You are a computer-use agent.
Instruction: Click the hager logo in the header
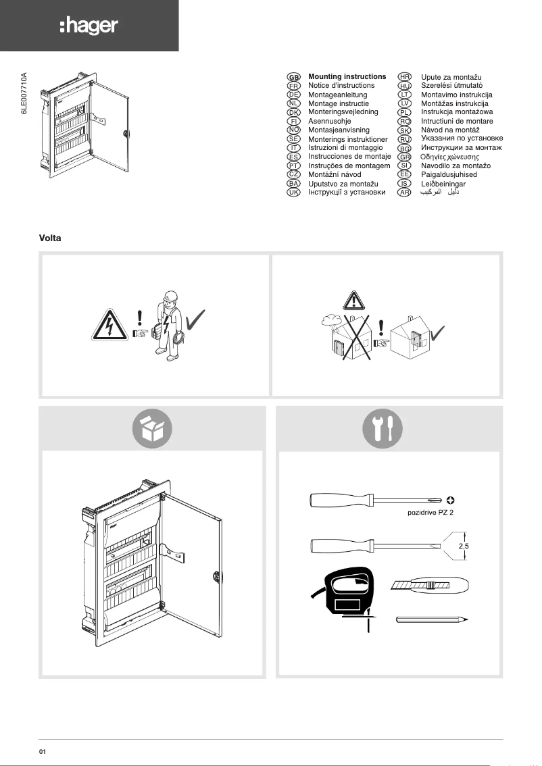pos(89,26)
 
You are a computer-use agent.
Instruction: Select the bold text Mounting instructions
pos(347,76)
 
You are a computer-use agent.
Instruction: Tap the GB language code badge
pos(294,77)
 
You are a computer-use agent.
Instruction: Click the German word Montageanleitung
pos(337,95)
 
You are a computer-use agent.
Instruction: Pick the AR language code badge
pos(405,193)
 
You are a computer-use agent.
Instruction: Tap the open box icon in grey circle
pos(152,428)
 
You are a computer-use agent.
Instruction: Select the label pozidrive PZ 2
pos(431,513)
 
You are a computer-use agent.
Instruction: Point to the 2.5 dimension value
pos(464,545)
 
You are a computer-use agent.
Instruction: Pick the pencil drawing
pos(431,619)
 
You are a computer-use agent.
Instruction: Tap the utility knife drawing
pos(428,586)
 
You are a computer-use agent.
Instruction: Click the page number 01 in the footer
pos(42,750)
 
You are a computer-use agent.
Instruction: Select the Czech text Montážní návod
pos(335,174)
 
